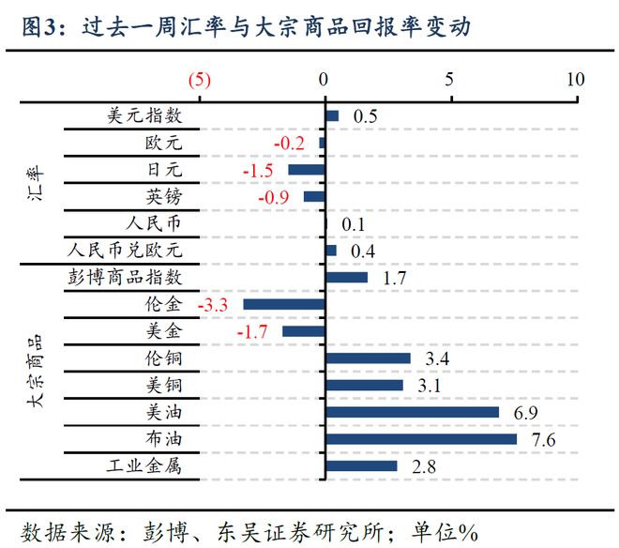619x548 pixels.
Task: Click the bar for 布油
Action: [420, 439]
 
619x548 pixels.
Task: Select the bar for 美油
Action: [412, 412]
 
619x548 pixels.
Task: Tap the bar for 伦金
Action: [284, 305]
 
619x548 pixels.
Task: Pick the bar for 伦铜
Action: [368, 358]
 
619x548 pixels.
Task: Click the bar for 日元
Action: [306, 170]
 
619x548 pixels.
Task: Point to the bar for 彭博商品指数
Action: [346, 278]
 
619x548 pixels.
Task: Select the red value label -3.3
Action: [215, 305]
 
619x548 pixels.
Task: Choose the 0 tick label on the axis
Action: [325, 80]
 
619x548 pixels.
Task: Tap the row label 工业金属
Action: [141, 466]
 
